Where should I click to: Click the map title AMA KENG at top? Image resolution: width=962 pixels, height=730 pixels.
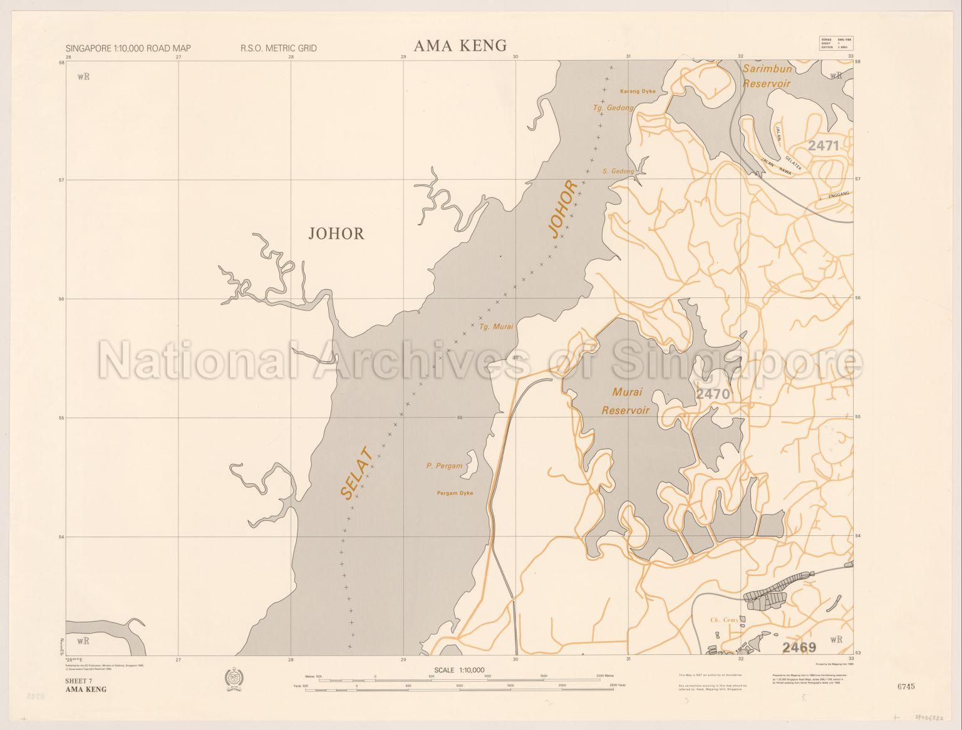(x=460, y=45)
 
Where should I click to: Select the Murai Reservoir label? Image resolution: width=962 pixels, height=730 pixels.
(x=625, y=401)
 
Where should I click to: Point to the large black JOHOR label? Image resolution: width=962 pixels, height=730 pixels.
(x=336, y=234)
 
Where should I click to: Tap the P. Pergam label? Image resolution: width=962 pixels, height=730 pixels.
(x=444, y=466)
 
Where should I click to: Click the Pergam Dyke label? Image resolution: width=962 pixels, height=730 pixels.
(x=455, y=493)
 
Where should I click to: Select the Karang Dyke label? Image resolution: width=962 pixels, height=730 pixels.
(x=638, y=91)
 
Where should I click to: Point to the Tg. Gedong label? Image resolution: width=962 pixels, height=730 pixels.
(x=613, y=108)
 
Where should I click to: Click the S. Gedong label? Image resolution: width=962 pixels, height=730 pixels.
(x=618, y=171)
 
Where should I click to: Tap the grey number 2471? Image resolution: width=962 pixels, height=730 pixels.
(x=823, y=146)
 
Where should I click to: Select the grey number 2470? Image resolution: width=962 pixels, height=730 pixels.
(x=713, y=394)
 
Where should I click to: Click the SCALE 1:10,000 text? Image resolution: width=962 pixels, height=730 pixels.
(x=459, y=670)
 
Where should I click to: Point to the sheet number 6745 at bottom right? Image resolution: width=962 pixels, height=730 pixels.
(x=906, y=686)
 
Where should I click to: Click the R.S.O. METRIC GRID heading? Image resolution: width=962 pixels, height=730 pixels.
(x=278, y=48)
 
